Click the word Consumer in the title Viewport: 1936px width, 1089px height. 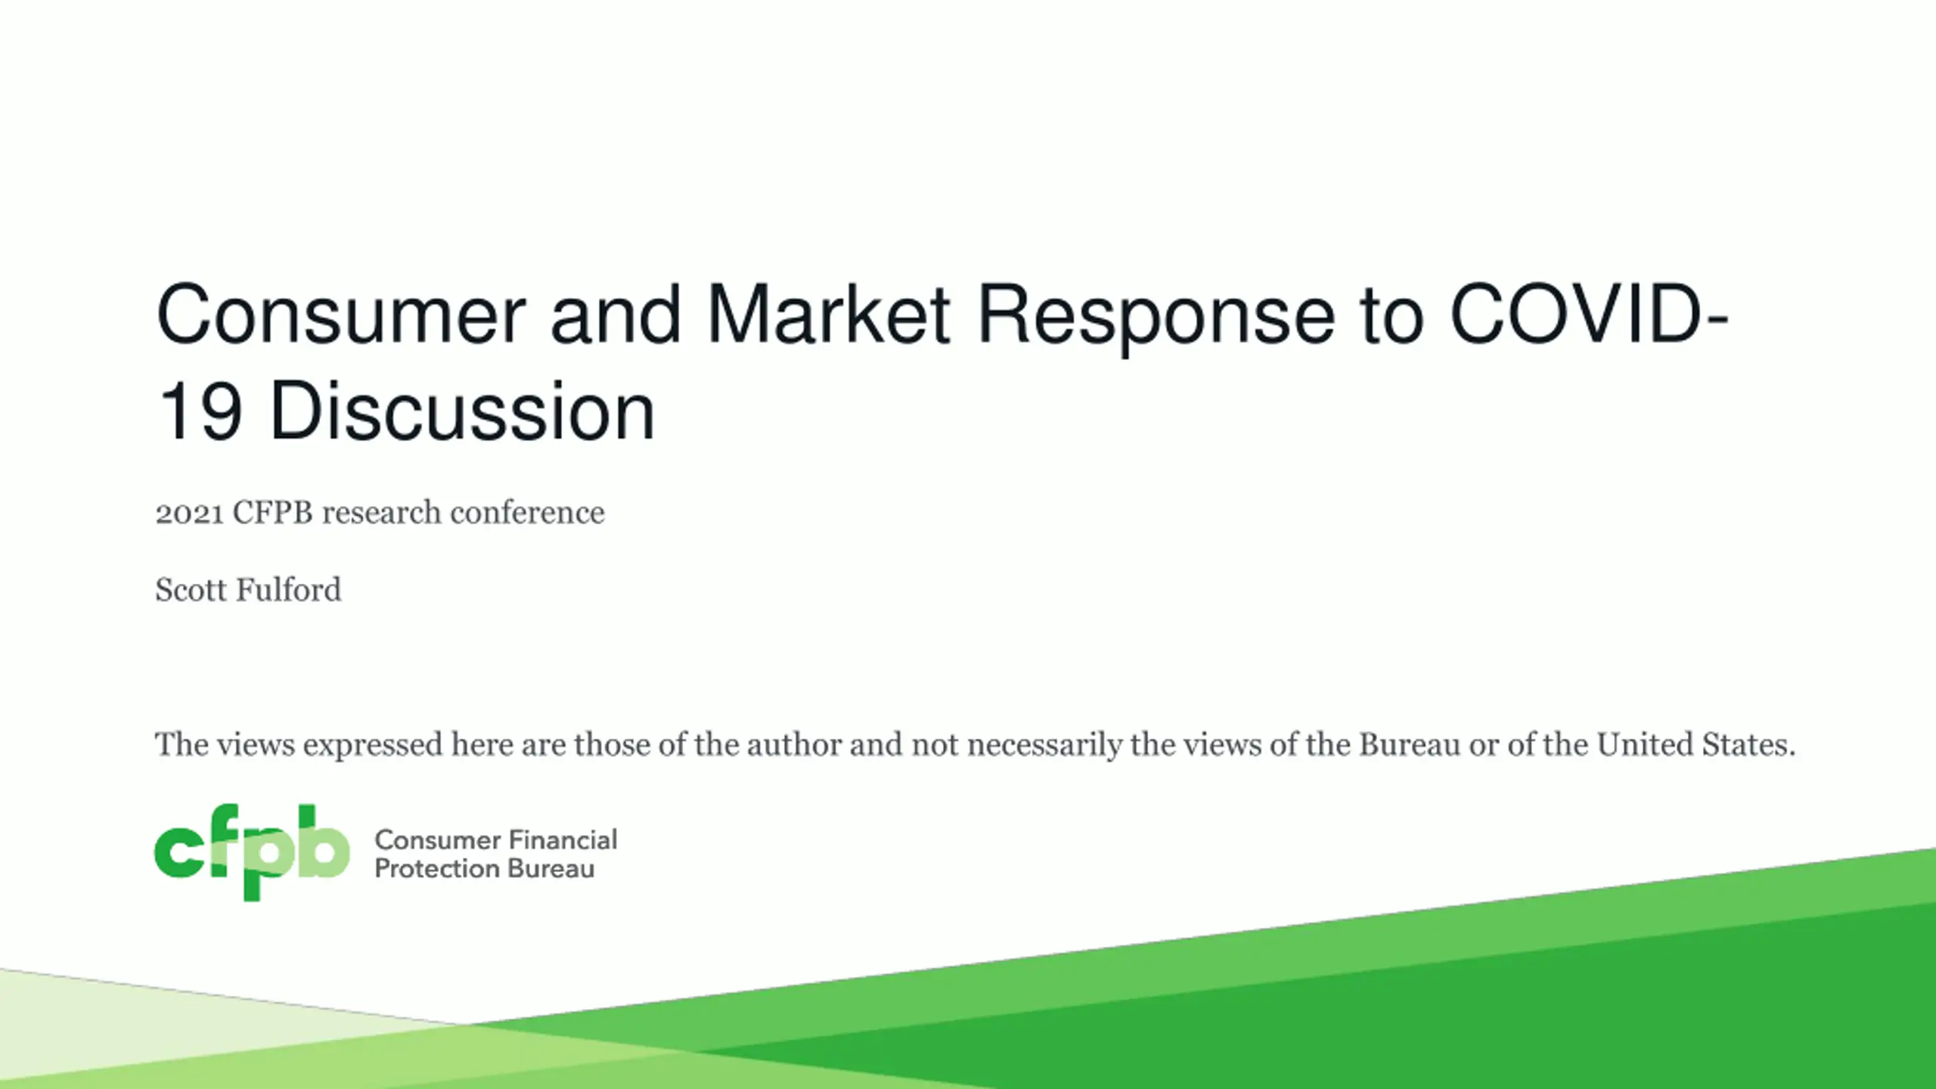point(341,315)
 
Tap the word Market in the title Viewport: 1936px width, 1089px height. point(828,313)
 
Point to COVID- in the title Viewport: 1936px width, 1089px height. point(1589,313)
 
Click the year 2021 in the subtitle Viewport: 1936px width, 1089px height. point(190,513)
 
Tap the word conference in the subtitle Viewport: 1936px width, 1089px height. point(527,513)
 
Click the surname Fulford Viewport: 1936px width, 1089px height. point(289,590)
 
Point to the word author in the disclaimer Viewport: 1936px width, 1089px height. point(794,745)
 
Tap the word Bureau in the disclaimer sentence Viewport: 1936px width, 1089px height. point(1410,745)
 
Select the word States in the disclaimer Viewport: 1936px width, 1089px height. point(1748,745)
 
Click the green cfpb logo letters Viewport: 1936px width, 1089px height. point(252,852)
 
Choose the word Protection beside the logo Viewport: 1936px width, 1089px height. point(437,868)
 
